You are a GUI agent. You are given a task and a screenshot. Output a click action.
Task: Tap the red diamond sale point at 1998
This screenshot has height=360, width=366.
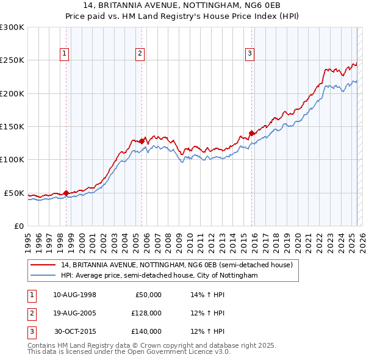point(66,193)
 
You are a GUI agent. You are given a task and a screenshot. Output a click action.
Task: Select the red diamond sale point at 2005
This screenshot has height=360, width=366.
point(142,142)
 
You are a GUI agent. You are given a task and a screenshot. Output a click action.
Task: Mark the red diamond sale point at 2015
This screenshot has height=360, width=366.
point(251,134)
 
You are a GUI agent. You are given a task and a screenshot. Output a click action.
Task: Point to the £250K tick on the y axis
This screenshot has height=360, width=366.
point(12,60)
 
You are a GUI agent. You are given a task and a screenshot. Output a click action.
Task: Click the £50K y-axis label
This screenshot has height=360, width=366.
point(14,193)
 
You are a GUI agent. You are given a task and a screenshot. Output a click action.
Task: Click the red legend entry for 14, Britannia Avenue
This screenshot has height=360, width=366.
point(177,265)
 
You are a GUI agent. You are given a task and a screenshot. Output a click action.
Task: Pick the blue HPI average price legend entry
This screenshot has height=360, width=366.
point(159,276)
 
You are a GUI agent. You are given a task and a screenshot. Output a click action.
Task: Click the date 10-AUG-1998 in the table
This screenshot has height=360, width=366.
point(74,295)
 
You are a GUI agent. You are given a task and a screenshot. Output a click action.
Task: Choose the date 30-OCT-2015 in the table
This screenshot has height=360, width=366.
point(75,331)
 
